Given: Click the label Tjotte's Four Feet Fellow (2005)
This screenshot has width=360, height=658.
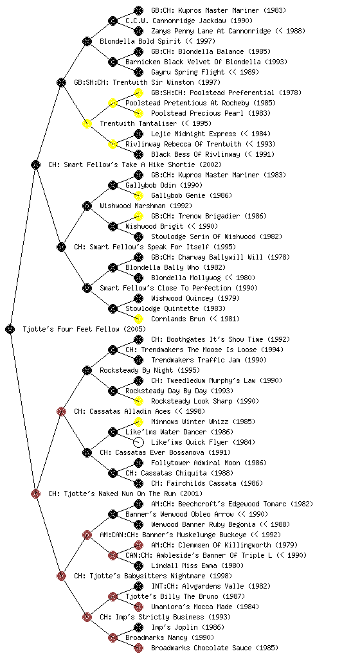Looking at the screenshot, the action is [84, 329].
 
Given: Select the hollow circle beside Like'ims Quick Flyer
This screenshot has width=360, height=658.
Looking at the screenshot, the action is [138, 442].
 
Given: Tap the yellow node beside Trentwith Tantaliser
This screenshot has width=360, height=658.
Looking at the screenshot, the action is [87, 123].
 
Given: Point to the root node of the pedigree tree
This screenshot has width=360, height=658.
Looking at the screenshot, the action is [10, 329].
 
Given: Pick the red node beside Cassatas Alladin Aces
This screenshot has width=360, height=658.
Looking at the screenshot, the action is [61, 411].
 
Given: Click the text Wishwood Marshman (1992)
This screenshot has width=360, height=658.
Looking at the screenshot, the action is [146, 206].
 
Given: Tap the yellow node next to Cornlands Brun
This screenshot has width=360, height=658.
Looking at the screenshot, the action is [138, 319].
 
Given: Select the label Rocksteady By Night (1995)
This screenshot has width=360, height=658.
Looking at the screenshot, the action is [150, 370].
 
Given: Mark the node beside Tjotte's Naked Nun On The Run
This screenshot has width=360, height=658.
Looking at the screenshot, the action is [35, 493].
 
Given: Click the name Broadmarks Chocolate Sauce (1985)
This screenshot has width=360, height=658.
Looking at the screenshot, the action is [215, 648].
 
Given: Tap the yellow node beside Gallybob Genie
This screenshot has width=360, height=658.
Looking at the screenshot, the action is [138, 195].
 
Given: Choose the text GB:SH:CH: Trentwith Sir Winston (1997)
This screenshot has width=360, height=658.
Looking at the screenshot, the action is [147, 82].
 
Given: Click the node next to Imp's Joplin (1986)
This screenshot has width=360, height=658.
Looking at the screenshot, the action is [138, 627].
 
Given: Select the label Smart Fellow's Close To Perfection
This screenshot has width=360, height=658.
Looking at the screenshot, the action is [165, 288].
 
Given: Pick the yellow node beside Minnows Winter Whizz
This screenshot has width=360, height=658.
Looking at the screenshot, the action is [138, 422].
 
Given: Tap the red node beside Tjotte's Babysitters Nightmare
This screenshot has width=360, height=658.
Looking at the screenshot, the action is [61, 576].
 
